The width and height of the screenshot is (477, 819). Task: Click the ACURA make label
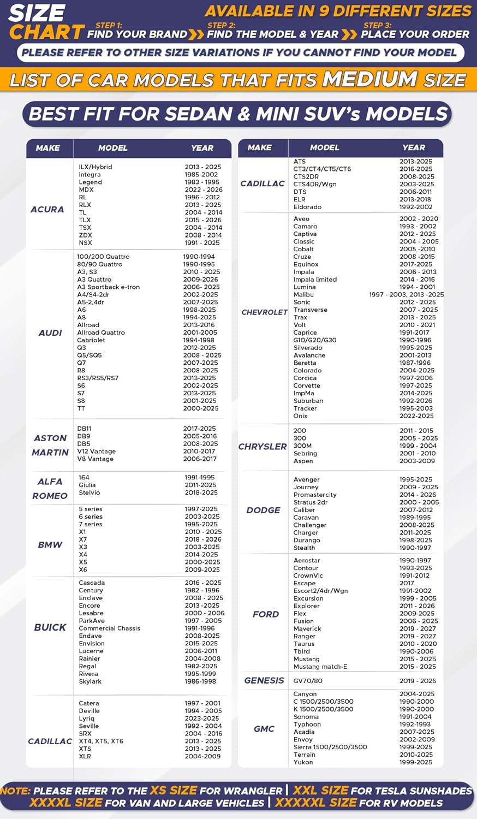click(x=47, y=209)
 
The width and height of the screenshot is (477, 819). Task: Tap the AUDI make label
click(x=50, y=333)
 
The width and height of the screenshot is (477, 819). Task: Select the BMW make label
click(x=50, y=544)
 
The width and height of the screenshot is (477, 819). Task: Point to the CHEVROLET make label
click(x=265, y=312)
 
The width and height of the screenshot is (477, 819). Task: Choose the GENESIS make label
click(x=264, y=680)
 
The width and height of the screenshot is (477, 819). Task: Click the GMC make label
click(x=264, y=728)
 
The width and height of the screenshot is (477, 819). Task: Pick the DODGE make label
click(x=264, y=510)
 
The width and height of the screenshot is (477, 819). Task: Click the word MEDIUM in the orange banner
click(x=370, y=80)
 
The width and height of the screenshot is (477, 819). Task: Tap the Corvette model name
click(x=307, y=385)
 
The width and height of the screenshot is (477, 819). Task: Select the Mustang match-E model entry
click(x=320, y=667)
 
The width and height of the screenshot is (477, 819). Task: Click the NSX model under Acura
click(x=85, y=243)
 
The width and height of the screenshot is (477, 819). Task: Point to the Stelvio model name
click(x=90, y=492)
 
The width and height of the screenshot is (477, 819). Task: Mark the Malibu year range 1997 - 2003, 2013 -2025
click(x=407, y=295)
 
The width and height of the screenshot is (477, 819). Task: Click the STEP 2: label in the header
click(x=221, y=26)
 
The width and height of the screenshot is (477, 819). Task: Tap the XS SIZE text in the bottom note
click(x=174, y=791)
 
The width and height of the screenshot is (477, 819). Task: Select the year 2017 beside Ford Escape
click(x=407, y=583)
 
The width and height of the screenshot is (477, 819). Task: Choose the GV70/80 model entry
click(x=308, y=681)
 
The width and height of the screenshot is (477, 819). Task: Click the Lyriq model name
click(x=86, y=719)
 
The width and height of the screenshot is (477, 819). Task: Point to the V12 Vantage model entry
click(x=97, y=452)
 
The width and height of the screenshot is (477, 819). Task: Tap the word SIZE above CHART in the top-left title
click(x=37, y=13)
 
